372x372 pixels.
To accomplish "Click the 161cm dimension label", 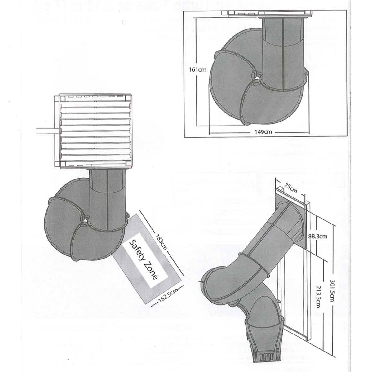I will point(198,69).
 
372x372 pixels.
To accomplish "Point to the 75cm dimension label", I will point(291,188).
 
